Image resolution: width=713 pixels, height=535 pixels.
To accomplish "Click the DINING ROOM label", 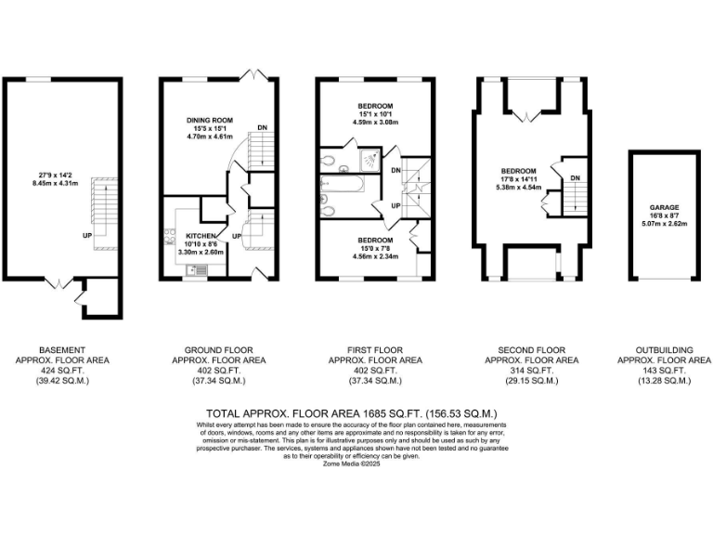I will tap(208, 121).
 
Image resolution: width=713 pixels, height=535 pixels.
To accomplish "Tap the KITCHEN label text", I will tap(201, 237).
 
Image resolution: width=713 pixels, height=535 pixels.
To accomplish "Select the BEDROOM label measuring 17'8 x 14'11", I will tap(519, 172).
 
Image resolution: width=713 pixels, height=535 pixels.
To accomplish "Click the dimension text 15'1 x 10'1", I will tap(375, 113).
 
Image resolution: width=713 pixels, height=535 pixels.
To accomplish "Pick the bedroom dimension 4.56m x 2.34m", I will tap(375, 256).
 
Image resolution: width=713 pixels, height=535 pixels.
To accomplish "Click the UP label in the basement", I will tap(86, 235).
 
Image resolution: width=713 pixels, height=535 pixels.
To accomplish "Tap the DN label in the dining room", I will tap(263, 127).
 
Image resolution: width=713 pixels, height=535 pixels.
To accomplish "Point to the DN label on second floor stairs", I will tap(576, 178).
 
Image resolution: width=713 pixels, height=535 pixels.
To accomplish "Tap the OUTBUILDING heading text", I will tap(665, 351).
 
